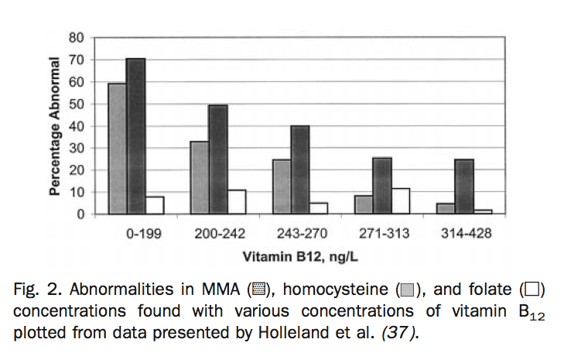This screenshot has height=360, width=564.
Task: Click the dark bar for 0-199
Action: click(135, 136)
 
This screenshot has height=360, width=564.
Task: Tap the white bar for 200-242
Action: click(236, 202)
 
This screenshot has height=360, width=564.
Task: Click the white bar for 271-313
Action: click(400, 201)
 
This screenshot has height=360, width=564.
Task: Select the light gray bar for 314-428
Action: click(446, 209)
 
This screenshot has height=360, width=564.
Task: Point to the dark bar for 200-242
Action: click(217, 159)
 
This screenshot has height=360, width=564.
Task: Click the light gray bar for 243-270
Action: click(281, 187)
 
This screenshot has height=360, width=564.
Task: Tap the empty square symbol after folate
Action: click(534, 292)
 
